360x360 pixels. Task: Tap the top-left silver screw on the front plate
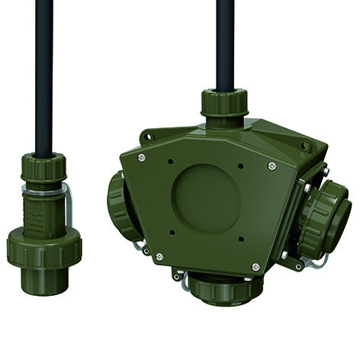[x=142, y=157]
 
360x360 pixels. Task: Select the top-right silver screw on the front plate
[x=272, y=166]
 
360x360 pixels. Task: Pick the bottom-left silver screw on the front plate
[x=159, y=257]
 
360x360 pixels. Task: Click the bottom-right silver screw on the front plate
[x=256, y=267]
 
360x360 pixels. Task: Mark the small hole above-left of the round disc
[x=171, y=162]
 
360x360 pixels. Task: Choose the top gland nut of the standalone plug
[x=43, y=169]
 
